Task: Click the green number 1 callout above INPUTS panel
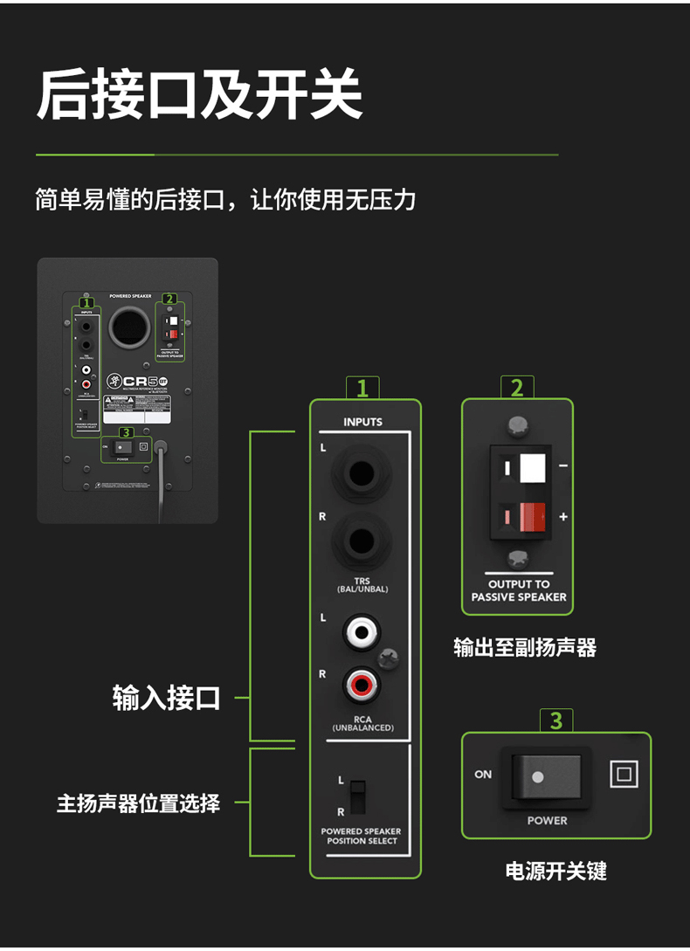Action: [x=362, y=387]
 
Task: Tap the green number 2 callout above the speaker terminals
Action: [x=517, y=387]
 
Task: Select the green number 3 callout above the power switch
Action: [x=556, y=720]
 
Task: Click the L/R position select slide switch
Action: [x=355, y=796]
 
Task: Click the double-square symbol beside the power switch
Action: [x=624, y=774]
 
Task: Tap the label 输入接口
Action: [x=167, y=699]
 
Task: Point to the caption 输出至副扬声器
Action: [x=524, y=647]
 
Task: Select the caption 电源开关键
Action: [x=555, y=871]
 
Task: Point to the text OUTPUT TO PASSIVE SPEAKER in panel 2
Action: [x=519, y=590]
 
